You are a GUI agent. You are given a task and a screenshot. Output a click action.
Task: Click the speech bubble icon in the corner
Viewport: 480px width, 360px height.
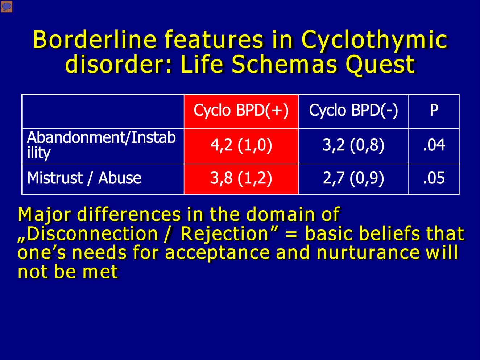click(x=7, y=7)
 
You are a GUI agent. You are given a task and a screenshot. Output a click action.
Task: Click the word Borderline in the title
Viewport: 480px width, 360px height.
click(x=95, y=40)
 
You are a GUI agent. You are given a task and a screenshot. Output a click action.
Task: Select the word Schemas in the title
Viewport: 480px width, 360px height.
click(x=284, y=64)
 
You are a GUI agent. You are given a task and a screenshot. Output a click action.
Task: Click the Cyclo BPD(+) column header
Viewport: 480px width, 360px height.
click(x=241, y=110)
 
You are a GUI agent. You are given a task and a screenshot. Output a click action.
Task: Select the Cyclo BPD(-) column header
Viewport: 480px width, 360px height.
click(x=353, y=110)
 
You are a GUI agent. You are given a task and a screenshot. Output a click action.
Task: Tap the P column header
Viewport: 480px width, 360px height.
click(x=434, y=110)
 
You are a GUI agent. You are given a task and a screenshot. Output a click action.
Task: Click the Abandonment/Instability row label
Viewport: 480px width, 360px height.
click(x=101, y=145)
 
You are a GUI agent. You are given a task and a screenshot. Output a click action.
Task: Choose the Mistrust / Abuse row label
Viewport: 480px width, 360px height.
click(x=84, y=178)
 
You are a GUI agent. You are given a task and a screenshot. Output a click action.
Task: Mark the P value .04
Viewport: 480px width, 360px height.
click(x=434, y=145)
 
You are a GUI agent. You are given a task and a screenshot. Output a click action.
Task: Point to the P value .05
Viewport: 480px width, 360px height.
click(x=434, y=178)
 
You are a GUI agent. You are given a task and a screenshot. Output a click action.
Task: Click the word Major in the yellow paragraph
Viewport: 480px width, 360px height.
click(x=45, y=215)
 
